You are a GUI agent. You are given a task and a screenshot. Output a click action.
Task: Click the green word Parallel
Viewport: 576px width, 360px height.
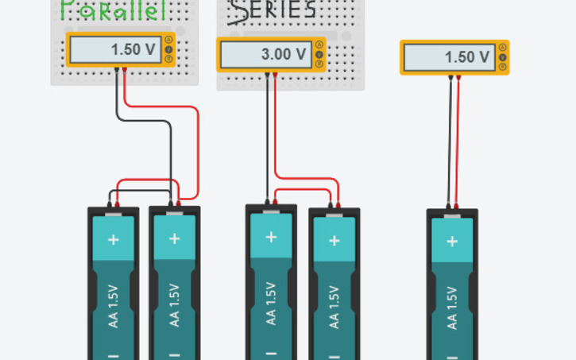pos(114,10)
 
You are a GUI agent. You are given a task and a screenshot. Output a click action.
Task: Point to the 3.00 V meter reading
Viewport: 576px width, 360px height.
pos(283,55)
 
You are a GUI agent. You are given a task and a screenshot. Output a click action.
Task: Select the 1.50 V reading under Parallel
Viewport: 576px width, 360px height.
pos(133,49)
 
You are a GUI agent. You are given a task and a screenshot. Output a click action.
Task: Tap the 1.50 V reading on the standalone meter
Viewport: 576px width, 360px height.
pos(467,57)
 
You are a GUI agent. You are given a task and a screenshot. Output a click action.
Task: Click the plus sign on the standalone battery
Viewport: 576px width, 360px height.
pos(452,242)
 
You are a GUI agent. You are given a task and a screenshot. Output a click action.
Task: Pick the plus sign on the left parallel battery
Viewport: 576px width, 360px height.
pos(114,239)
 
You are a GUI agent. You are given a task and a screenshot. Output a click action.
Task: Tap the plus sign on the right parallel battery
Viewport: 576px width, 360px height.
pos(175,238)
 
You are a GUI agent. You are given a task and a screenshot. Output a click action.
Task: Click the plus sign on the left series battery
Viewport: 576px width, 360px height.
pos(272,237)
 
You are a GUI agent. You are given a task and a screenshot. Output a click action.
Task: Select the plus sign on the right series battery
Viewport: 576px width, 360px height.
pos(334,241)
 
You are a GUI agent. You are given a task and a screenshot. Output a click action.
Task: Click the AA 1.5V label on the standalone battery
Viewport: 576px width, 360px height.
pos(452,306)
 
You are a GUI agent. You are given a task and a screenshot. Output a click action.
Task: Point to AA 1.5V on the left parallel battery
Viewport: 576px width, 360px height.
pos(114,304)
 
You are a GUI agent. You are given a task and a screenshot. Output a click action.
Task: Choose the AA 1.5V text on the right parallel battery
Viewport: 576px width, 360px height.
pos(175,304)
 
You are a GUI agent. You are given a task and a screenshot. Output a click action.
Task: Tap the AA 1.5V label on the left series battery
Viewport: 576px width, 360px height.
pos(272,302)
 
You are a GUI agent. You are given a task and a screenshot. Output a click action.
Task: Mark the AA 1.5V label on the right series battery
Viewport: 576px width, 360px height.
pos(334,306)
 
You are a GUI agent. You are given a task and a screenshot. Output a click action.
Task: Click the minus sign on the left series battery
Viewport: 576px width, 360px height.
pos(272,353)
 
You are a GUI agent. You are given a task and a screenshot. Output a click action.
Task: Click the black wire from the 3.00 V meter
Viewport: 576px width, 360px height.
pos(267,135)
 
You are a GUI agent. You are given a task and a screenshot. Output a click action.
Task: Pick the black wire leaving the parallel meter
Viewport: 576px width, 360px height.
pos(147,122)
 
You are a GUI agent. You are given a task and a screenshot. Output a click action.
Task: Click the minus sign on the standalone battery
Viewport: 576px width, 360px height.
pos(452,354)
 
